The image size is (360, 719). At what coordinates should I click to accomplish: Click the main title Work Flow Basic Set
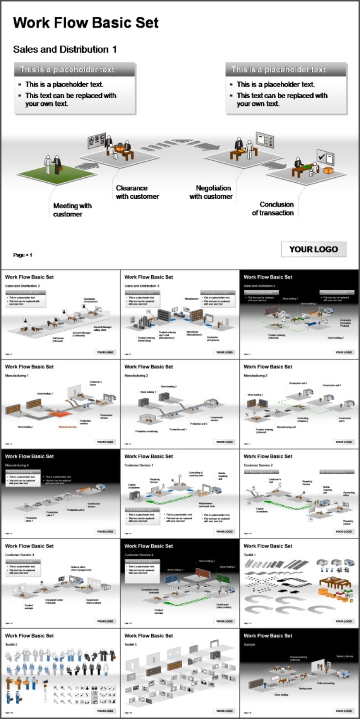tap(85, 23)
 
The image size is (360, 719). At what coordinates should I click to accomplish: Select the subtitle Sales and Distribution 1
tap(65, 49)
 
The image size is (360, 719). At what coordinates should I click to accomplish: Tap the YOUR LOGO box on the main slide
tap(313, 249)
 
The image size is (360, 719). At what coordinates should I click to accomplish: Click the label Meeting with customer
tap(72, 210)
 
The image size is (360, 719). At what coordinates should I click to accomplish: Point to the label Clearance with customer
tap(137, 192)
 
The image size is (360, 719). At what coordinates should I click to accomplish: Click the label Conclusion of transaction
tap(273, 208)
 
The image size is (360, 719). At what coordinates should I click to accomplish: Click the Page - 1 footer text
tap(22, 255)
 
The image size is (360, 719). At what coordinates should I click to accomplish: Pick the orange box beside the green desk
tap(328, 171)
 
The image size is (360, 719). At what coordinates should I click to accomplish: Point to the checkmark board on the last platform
tap(325, 157)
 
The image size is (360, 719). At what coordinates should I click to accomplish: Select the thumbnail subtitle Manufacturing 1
tap(17, 375)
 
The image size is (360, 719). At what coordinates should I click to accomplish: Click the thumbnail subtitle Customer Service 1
tap(139, 465)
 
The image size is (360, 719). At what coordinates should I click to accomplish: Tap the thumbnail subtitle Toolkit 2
tap(11, 644)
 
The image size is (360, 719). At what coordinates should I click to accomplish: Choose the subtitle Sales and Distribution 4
tap(259, 286)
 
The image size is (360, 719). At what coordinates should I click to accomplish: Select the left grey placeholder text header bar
tap(74, 70)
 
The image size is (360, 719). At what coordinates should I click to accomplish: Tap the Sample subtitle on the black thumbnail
tap(249, 644)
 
